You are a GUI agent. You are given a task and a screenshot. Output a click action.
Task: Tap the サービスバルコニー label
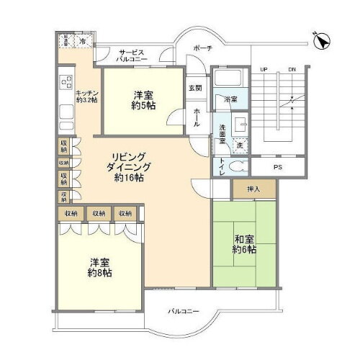[x=132, y=57]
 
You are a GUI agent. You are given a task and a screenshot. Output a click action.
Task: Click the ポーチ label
[x=202, y=48]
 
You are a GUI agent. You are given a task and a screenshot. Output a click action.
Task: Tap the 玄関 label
[x=195, y=88]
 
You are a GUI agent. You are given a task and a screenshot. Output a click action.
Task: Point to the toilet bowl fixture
[x=240, y=163]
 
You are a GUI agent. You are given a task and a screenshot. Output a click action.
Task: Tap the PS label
[x=276, y=168]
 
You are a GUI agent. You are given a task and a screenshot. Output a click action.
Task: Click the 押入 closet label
[x=243, y=189]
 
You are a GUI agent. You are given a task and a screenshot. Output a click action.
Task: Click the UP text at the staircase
[x=264, y=68]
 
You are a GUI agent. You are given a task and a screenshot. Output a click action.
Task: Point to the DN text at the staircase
[x=292, y=68]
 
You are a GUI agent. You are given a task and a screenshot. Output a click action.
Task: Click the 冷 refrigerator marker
[x=83, y=42]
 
